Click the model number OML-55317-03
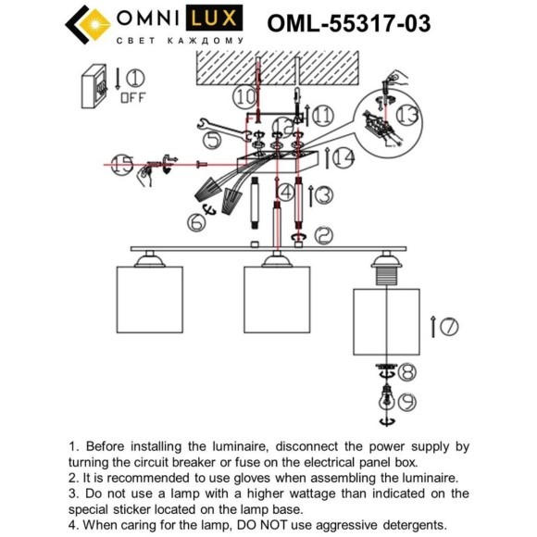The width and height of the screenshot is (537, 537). point(348,24)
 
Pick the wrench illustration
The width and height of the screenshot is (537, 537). point(218,125)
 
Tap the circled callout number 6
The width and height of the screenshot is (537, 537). point(195,221)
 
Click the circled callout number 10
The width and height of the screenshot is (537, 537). point(244,95)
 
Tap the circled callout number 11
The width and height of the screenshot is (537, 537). point(321,115)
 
